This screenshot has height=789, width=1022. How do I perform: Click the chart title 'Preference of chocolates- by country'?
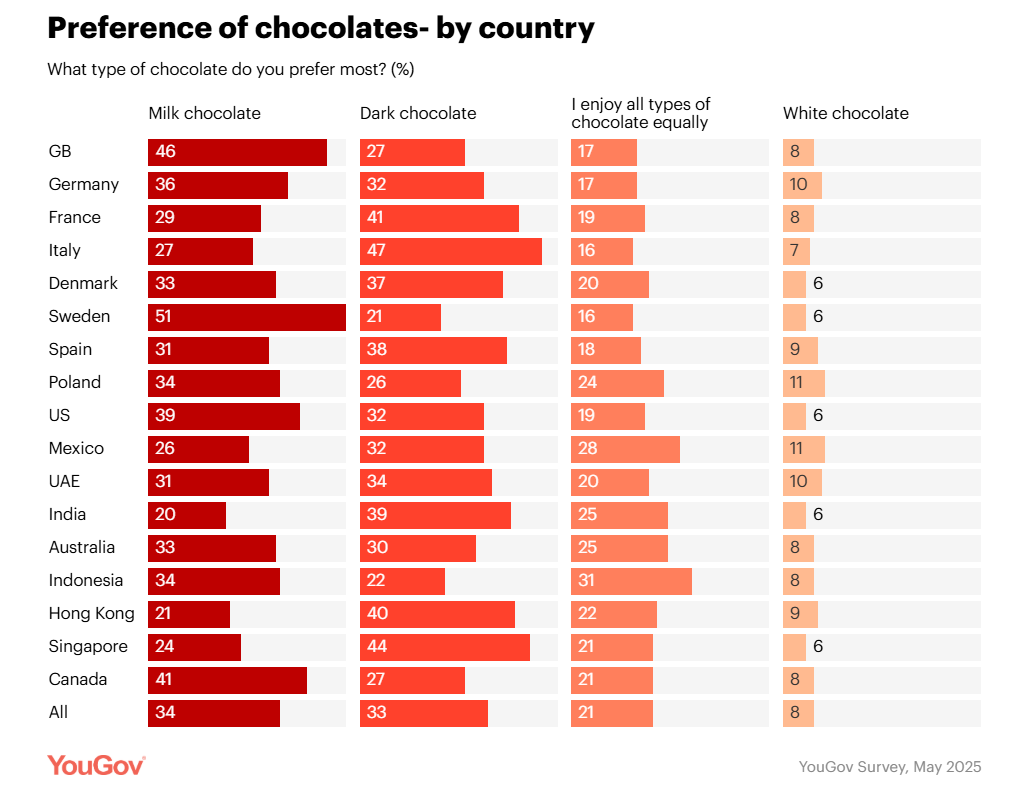[x=321, y=29]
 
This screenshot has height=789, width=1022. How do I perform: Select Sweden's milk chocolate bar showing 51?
[x=246, y=316]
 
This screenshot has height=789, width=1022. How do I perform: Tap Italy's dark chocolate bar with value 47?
[x=450, y=250]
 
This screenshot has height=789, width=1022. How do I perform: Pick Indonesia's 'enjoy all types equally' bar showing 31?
[x=631, y=580]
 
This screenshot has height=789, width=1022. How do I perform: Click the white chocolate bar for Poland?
[x=804, y=382]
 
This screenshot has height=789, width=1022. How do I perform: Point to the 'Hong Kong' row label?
[x=91, y=613]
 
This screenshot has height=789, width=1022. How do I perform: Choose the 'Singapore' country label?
[x=88, y=646]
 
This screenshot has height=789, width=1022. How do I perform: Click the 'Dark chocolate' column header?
[x=418, y=113]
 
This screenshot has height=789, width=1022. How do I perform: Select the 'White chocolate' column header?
[x=845, y=113]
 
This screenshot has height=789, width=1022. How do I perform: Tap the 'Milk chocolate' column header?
[x=204, y=113]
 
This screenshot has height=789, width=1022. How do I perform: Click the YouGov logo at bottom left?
[x=96, y=765]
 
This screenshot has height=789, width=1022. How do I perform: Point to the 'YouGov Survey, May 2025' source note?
[x=889, y=767]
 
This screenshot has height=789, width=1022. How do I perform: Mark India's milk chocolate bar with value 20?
[x=187, y=514]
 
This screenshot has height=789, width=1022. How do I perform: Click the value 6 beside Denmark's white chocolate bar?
[x=818, y=283]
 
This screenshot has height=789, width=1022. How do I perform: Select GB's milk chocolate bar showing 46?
[x=237, y=151]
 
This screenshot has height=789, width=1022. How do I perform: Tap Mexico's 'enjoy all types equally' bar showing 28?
[x=625, y=448]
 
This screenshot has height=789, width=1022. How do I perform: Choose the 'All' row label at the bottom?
[x=58, y=712]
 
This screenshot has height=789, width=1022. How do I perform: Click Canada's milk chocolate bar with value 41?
[x=227, y=679]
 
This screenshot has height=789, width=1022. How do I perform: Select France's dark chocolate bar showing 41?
[x=439, y=217]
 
